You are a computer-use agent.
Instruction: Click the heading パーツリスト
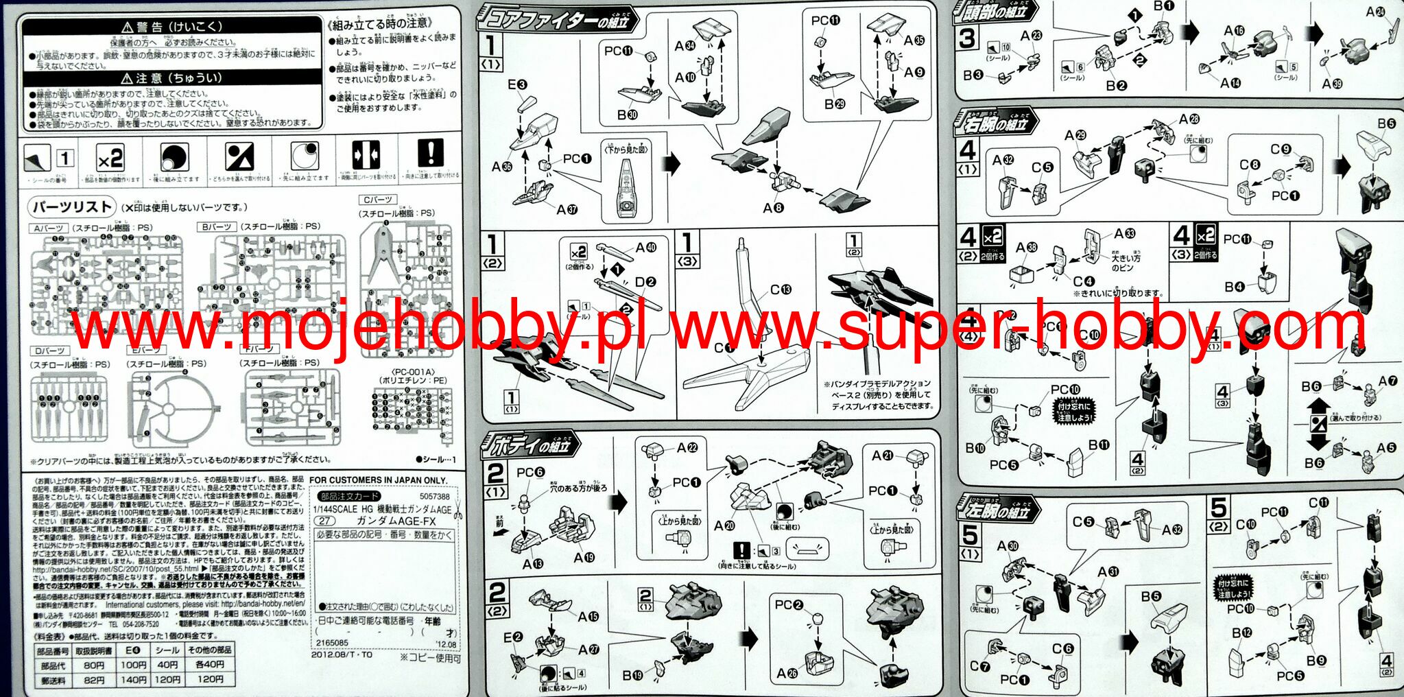[x=72, y=206]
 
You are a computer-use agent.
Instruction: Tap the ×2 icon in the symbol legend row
[x=110, y=159]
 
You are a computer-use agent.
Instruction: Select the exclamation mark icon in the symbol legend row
[x=431, y=153]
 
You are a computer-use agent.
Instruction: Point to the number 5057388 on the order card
[x=434, y=496]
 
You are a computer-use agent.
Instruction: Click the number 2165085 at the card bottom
[x=331, y=643]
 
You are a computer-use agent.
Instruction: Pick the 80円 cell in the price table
[x=93, y=665]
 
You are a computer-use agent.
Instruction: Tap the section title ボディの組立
[x=532, y=447]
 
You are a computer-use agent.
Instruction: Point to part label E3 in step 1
[x=517, y=85]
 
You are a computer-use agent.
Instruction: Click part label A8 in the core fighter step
[x=773, y=207]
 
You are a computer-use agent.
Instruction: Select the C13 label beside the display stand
[x=780, y=290]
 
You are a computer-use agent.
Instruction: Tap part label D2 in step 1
[x=645, y=281]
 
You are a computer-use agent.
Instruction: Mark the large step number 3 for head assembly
[x=967, y=38]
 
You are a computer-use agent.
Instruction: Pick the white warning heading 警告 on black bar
[x=171, y=27]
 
